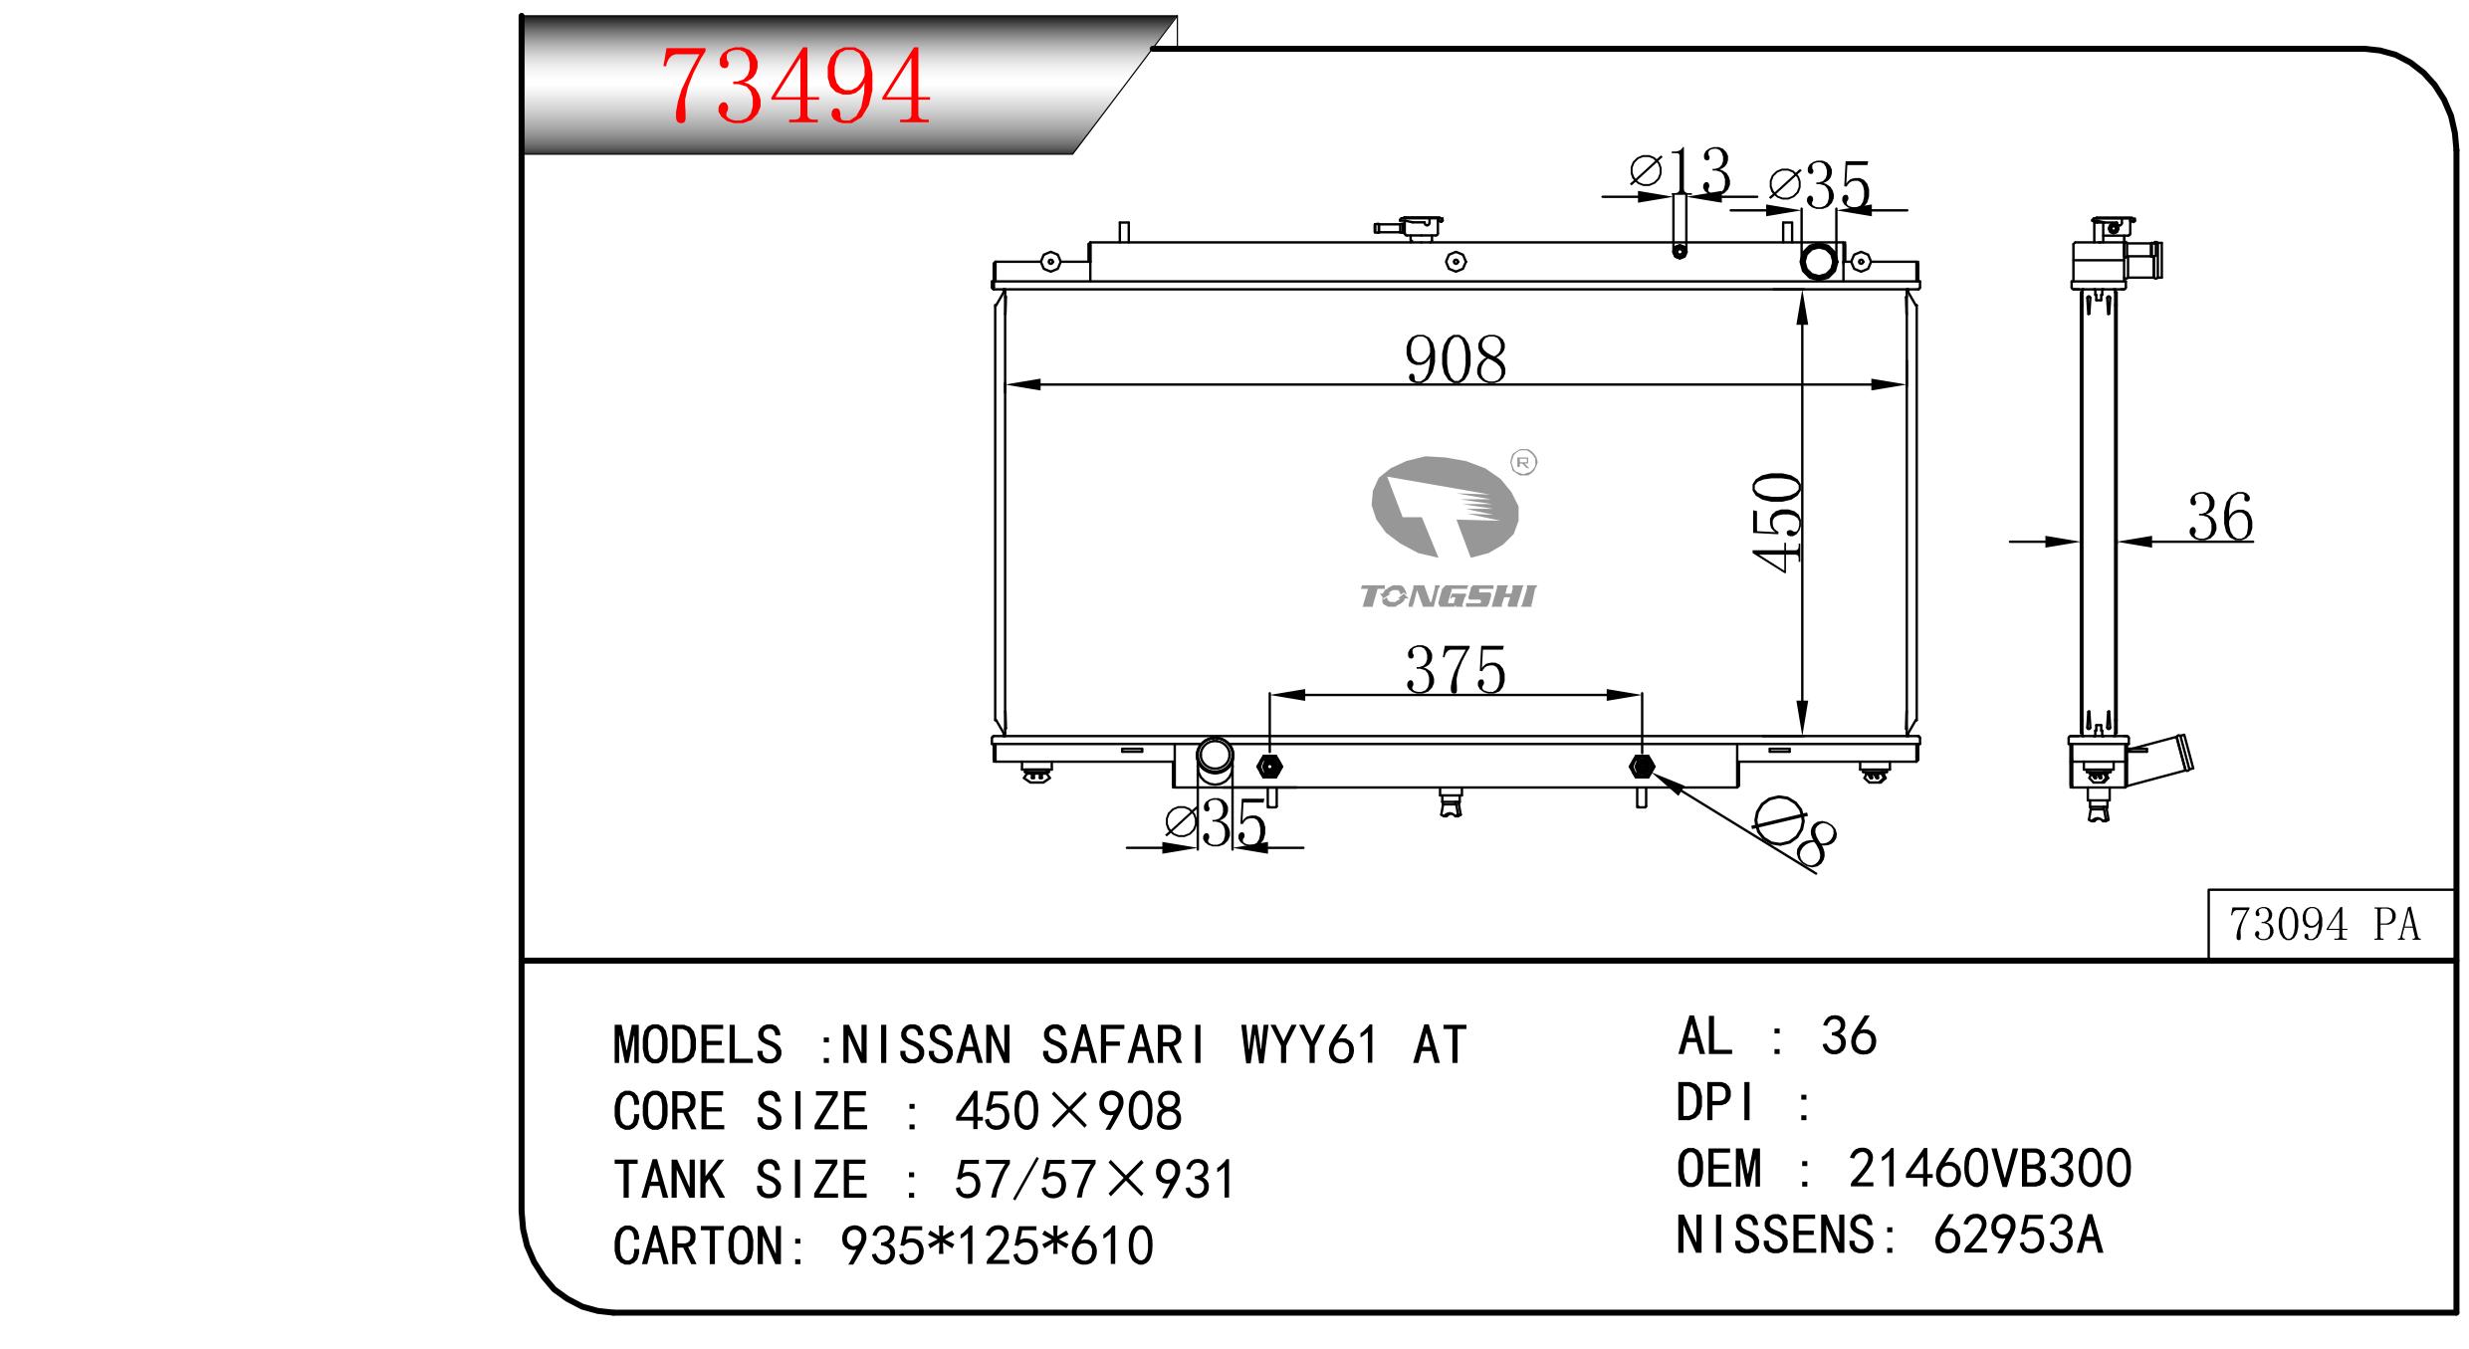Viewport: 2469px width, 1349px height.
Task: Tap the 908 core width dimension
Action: click(1456, 360)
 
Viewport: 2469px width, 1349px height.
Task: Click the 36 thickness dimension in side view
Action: click(2220, 518)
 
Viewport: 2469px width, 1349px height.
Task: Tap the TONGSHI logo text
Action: click(1448, 596)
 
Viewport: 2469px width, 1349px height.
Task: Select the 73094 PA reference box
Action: click(2330, 924)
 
